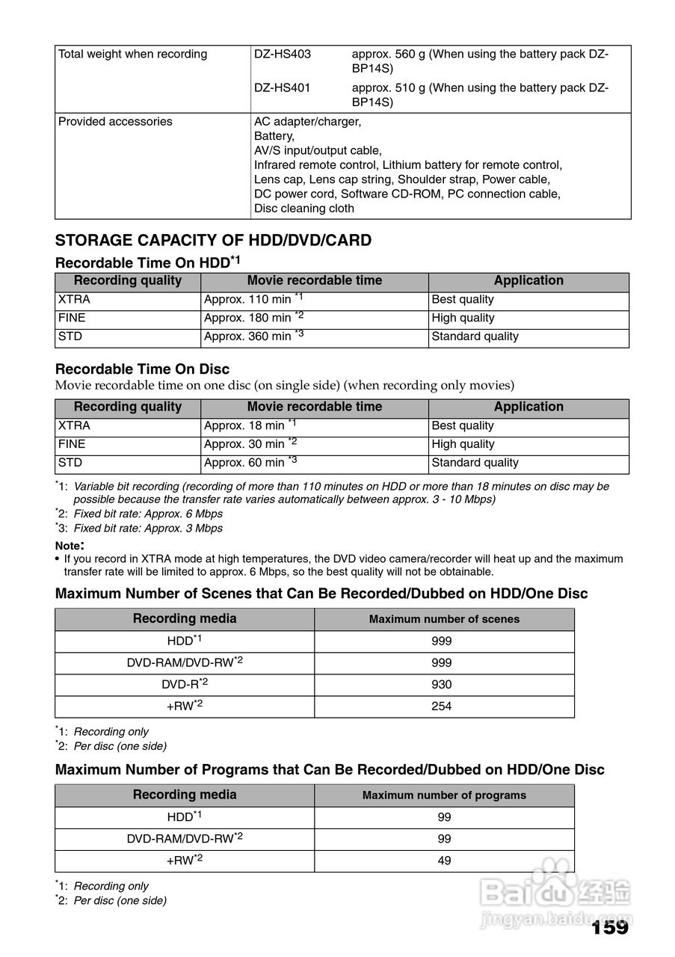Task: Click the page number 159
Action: point(609,928)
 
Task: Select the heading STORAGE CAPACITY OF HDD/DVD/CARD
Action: point(213,241)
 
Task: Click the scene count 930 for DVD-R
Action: point(442,685)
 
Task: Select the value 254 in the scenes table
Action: point(442,707)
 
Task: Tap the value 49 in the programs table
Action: point(444,861)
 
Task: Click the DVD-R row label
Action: point(184,685)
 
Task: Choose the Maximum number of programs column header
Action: point(444,796)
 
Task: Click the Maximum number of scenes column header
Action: point(444,619)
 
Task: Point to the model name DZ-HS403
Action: point(283,55)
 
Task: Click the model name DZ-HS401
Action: point(283,88)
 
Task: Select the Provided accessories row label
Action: point(115,122)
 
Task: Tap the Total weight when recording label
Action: point(132,55)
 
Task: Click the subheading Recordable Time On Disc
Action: point(142,369)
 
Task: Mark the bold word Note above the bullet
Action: point(68,546)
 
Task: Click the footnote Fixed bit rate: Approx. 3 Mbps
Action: point(148,529)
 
